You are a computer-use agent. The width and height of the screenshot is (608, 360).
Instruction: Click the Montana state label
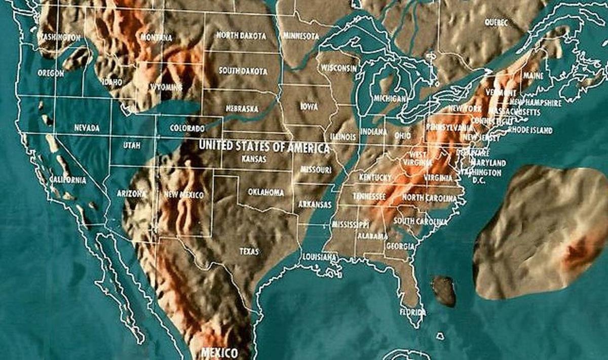tap(157, 37)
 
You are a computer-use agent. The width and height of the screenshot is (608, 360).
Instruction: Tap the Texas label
tap(249, 251)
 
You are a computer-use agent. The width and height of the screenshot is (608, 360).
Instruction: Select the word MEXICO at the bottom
tap(219, 352)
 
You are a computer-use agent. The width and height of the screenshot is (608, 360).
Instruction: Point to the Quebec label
tap(496, 22)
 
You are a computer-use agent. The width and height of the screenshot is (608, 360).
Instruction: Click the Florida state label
tap(411, 312)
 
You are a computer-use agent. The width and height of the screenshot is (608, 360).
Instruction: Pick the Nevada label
tap(87, 128)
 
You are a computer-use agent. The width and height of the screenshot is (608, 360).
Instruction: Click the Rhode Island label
tap(531, 130)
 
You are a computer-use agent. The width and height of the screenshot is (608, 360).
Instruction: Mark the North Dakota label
tap(241, 35)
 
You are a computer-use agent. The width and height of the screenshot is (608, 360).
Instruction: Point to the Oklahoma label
tap(266, 192)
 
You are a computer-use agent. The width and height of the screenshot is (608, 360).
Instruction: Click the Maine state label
tap(533, 76)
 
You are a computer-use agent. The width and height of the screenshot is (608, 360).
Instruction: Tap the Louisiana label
tap(319, 257)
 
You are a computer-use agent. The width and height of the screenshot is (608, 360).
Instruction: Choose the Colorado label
tap(187, 128)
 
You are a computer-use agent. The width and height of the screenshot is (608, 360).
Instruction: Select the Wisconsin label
tap(339, 68)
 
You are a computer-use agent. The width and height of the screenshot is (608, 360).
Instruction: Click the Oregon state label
tap(51, 73)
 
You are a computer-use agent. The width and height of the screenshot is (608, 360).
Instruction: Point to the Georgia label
tap(400, 246)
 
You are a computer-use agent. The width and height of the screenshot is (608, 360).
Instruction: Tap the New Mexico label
tap(184, 194)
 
